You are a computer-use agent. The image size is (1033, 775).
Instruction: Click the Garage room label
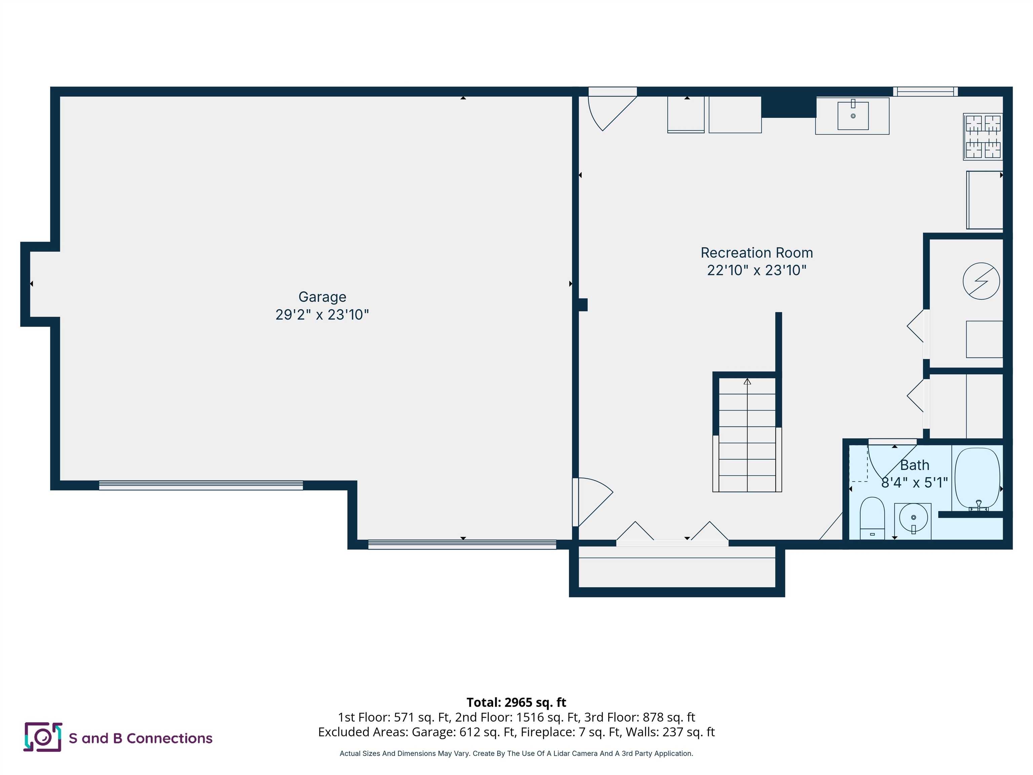(322, 297)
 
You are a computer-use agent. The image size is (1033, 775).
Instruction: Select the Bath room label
(914, 465)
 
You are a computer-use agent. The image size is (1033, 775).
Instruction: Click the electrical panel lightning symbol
(981, 281)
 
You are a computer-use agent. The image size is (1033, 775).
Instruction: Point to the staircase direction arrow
(747, 382)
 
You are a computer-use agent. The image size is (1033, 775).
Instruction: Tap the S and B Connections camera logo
(42, 737)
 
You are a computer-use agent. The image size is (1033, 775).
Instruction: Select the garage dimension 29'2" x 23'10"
(322, 315)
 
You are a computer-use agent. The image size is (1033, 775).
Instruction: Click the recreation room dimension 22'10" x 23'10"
(757, 270)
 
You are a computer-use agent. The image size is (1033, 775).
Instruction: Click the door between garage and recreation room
(592, 502)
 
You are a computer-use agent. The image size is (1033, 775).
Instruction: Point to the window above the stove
(925, 91)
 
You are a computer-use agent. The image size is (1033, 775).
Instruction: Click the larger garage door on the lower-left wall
(201, 485)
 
